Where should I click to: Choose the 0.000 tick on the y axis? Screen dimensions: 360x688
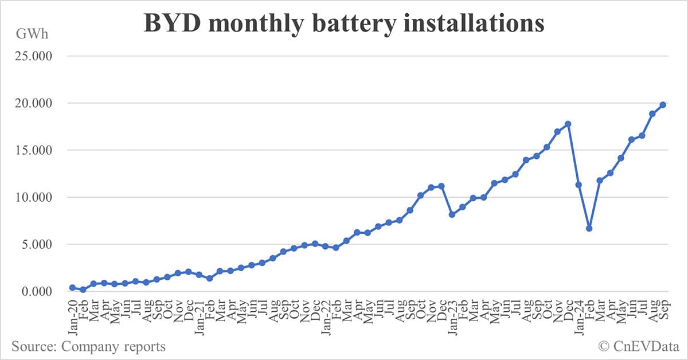point(36,292)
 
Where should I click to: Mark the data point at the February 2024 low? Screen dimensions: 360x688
point(589,228)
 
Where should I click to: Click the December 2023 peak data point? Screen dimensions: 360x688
point(568,124)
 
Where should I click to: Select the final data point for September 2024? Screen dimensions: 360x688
point(663,104)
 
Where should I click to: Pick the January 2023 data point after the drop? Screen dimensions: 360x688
point(452,214)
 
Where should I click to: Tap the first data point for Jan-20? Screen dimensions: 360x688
point(72,288)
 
